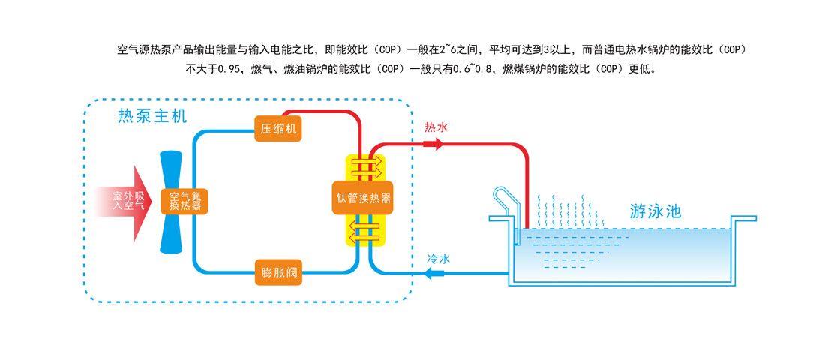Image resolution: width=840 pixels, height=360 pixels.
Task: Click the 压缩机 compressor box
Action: pos(279,128)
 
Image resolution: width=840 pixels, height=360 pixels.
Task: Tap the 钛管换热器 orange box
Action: pos(364,199)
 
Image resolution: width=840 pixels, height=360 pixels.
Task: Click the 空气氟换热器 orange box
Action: pos(184,201)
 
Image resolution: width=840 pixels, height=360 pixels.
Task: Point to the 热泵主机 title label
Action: pos(152,116)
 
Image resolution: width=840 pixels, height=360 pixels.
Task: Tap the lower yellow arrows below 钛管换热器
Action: pos(364,232)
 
